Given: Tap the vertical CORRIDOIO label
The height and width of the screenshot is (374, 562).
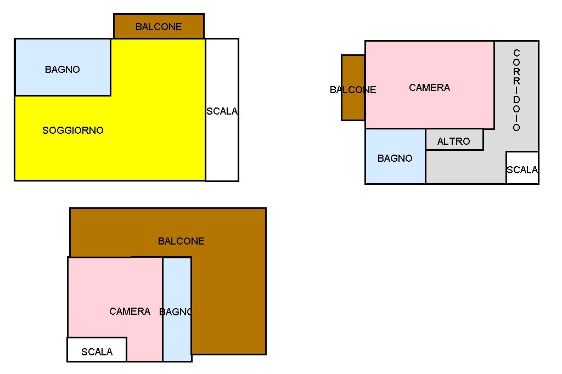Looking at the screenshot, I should pyautogui.click(x=516, y=90).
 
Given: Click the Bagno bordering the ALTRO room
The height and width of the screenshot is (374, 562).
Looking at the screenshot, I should pyautogui.click(x=395, y=165).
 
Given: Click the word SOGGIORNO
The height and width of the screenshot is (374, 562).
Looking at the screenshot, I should pyautogui.click(x=73, y=131).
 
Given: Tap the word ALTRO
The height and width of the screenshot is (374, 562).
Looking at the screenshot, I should pyautogui.click(x=454, y=141).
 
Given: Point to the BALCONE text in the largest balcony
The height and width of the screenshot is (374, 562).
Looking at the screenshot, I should pyautogui.click(x=181, y=241).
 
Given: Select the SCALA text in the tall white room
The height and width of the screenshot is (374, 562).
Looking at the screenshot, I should pyautogui.click(x=222, y=111).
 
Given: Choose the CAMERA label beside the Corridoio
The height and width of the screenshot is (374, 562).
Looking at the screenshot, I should pyautogui.click(x=429, y=88).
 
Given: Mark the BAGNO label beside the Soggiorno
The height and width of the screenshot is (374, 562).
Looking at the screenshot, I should pyautogui.click(x=63, y=70).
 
